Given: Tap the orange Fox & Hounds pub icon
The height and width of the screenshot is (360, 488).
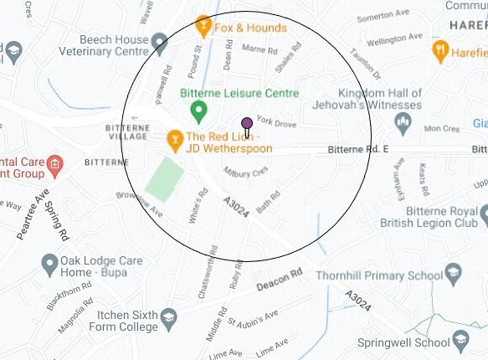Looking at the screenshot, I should (202, 28).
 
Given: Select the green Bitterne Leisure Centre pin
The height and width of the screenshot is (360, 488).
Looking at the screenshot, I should (198, 110).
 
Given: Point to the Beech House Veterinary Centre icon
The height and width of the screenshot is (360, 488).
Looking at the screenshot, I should (161, 40).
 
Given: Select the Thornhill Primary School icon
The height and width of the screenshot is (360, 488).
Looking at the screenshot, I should (453, 275).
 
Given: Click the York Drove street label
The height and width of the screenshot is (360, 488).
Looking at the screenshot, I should (276, 123).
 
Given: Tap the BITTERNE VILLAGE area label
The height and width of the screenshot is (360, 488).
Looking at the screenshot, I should (127, 132).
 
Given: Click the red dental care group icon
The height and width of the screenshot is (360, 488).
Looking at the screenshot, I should (55, 162).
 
